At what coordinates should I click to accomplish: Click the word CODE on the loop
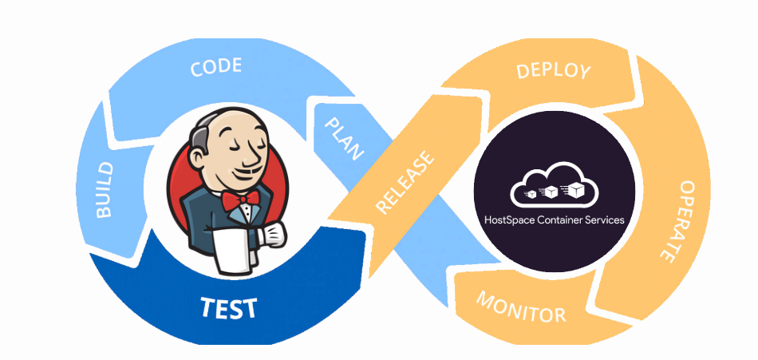point(215,67)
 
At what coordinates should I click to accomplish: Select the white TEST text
point(228,307)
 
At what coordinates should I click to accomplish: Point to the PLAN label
point(341,136)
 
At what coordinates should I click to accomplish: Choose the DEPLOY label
point(553,70)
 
